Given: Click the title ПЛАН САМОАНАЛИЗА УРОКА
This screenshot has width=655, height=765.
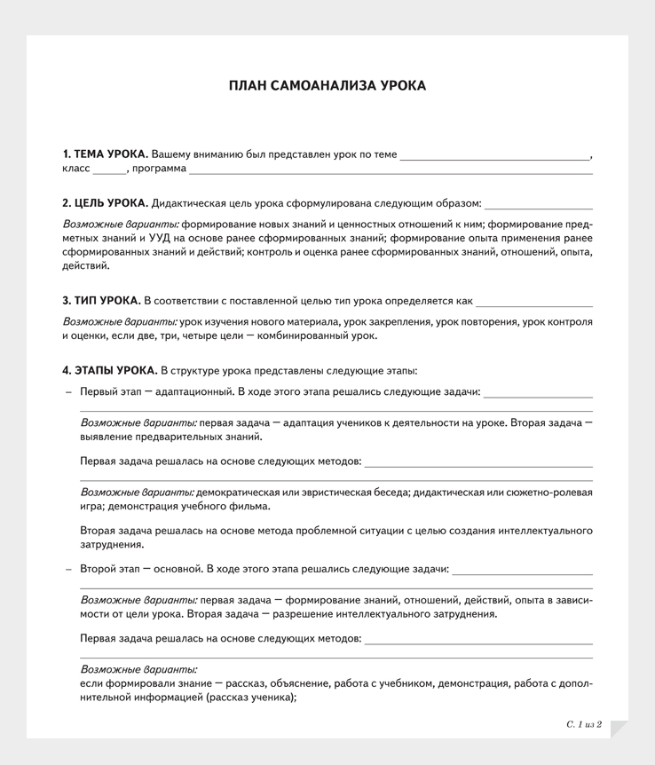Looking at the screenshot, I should (x=327, y=86).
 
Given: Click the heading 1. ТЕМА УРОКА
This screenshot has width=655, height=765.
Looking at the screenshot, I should (x=105, y=154).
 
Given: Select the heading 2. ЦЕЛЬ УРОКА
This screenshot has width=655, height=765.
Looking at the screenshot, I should (x=105, y=203).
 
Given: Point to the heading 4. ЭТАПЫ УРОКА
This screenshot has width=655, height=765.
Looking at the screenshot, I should (x=109, y=370).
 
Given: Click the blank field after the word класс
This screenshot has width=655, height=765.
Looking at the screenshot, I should (x=109, y=169).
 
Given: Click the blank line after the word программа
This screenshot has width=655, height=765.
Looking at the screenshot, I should (x=391, y=169).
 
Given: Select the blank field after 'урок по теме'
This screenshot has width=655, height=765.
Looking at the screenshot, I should (x=494, y=155).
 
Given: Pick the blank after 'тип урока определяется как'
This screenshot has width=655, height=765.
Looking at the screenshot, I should (x=533, y=302).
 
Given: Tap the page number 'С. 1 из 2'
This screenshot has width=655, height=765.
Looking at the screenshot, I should (x=584, y=725).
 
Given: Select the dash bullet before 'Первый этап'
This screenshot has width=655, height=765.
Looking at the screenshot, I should (x=68, y=391).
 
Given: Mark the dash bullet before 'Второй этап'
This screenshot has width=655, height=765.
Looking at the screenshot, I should (x=68, y=569).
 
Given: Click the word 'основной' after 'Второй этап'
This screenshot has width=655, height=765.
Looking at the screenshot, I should (x=178, y=569).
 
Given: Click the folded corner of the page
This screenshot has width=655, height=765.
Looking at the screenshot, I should (x=619, y=729).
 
